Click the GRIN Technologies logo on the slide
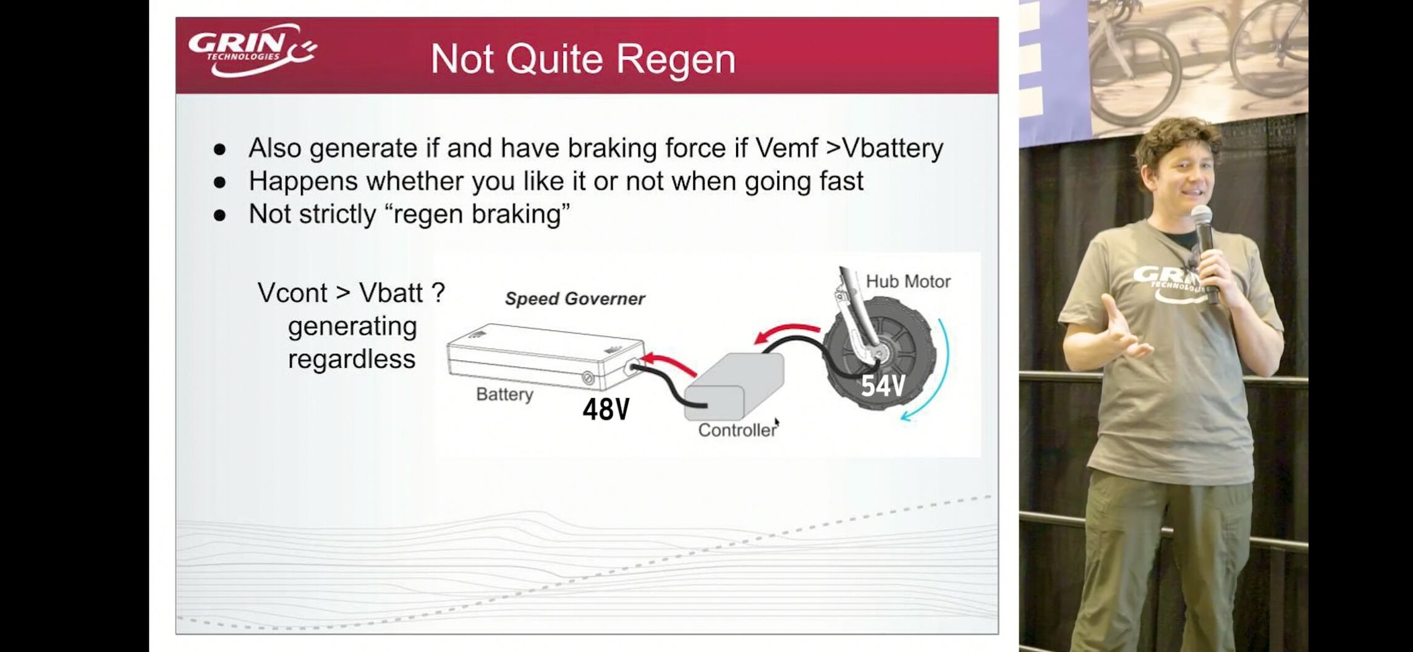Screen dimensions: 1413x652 (253, 51)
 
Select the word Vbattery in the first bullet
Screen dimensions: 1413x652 (893, 149)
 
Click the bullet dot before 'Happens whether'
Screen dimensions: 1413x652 (219, 182)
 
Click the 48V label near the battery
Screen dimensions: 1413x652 (606, 409)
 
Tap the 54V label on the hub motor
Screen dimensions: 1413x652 (883, 386)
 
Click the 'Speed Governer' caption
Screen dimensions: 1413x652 (575, 299)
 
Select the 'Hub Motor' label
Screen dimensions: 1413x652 (908, 282)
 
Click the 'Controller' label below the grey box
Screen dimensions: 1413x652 (737, 430)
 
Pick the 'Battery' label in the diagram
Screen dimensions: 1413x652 (504, 394)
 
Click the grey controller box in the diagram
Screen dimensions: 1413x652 (734, 386)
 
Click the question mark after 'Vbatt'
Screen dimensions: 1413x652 (438, 292)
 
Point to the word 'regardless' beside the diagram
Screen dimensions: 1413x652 (352, 360)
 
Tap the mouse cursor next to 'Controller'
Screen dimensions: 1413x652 (777, 423)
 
